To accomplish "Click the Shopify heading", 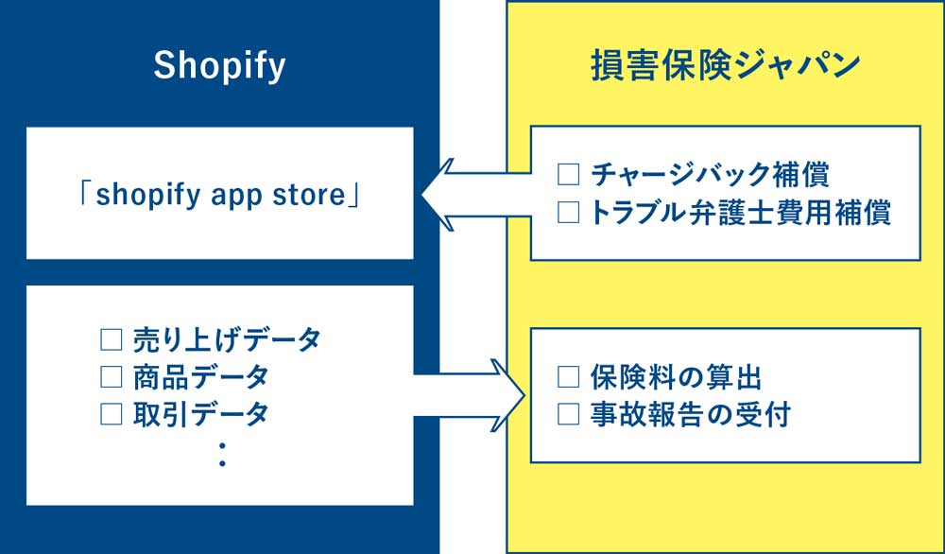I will [x=219, y=67].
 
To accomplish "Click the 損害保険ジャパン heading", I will [x=725, y=67].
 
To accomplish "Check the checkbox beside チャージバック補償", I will [x=568, y=175].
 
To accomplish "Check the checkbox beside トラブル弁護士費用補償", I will [x=568, y=213].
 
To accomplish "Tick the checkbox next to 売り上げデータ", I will [x=112, y=339].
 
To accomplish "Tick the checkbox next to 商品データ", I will [x=112, y=376].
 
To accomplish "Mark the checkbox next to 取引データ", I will [x=112, y=413].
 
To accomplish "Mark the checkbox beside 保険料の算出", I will [x=568, y=377].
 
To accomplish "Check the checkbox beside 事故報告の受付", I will [x=568, y=414].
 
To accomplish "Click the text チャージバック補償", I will [x=710, y=175].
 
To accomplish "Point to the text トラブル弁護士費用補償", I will [x=740, y=213].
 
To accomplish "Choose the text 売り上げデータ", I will [x=227, y=339].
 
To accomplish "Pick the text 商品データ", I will [x=200, y=376].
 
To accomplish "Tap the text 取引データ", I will [x=200, y=413].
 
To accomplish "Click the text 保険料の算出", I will [x=676, y=377].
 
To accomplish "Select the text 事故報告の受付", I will [x=689, y=414].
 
